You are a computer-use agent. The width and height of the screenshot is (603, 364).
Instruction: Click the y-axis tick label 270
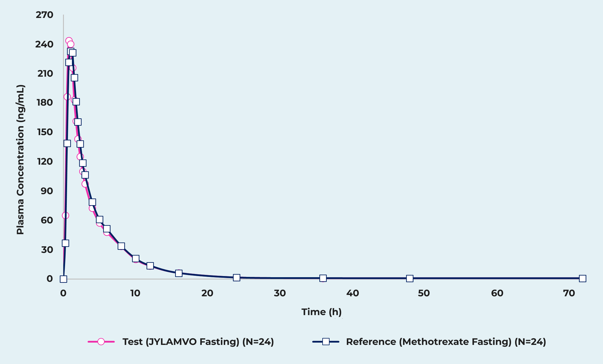click(x=45, y=15)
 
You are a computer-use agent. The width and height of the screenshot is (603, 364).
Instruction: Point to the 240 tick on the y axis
click(x=45, y=44)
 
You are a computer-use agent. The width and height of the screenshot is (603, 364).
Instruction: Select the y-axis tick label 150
click(x=45, y=132)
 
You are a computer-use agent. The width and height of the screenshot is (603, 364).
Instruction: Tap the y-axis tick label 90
click(x=47, y=191)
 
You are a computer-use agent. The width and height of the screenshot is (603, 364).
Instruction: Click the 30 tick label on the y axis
click(x=47, y=249)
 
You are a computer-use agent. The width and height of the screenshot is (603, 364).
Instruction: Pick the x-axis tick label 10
click(x=135, y=293)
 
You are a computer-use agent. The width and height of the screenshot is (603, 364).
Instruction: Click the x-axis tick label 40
click(x=352, y=293)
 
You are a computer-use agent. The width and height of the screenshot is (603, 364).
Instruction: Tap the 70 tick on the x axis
click(x=569, y=293)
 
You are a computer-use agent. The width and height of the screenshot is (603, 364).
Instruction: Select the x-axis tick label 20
click(x=207, y=293)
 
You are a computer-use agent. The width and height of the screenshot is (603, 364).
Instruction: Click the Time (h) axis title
click(x=321, y=312)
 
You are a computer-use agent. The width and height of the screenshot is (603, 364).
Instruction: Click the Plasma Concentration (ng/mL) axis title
click(x=20, y=159)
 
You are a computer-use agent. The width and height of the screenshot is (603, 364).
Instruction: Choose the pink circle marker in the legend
click(x=101, y=342)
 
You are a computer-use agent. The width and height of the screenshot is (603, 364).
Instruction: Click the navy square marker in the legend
click(x=326, y=342)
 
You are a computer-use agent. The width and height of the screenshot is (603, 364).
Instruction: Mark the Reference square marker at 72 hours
click(x=582, y=278)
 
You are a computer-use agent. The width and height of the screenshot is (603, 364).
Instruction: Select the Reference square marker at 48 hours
click(x=410, y=278)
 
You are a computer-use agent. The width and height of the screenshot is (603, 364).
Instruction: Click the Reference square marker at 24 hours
click(x=236, y=278)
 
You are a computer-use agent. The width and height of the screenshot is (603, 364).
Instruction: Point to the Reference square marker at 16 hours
click(x=179, y=273)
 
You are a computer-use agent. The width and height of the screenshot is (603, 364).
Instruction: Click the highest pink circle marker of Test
click(x=69, y=41)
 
